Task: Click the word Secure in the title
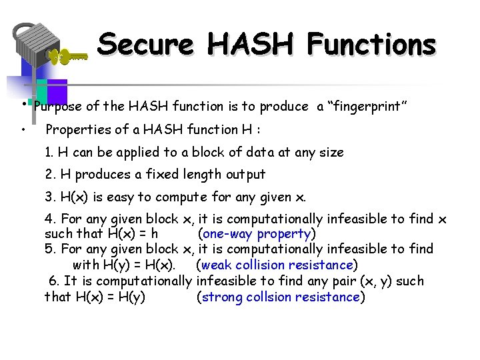(145, 45)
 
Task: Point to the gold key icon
(67, 57)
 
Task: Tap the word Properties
(77, 129)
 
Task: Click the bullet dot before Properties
(23, 129)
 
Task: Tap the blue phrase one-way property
(256, 234)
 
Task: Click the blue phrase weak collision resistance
(276, 265)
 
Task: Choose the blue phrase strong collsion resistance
(280, 297)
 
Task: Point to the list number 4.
(49, 219)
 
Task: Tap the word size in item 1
(331, 152)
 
